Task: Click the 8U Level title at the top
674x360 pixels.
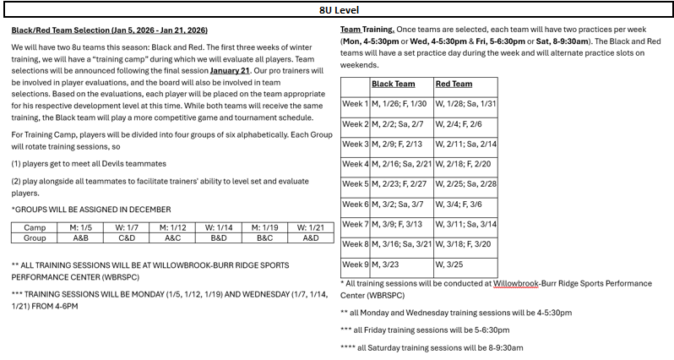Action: tap(337, 11)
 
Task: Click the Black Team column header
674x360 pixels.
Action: tap(394, 85)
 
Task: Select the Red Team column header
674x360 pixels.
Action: tap(454, 85)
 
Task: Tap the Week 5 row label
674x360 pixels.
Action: tap(355, 184)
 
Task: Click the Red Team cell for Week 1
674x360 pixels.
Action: tap(465, 104)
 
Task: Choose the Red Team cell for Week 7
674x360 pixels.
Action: tap(465, 224)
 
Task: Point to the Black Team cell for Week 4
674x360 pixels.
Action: tap(401, 164)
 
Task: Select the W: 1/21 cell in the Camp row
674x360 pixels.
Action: tap(312, 228)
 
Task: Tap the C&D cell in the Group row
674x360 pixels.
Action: tap(127, 238)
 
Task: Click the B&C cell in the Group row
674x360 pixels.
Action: tap(265, 238)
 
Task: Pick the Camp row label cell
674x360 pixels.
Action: tap(35, 228)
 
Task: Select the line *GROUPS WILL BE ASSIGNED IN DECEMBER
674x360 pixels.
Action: tap(91, 209)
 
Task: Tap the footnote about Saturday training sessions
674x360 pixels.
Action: tap(432, 347)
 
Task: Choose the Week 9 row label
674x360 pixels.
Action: tap(355, 265)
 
